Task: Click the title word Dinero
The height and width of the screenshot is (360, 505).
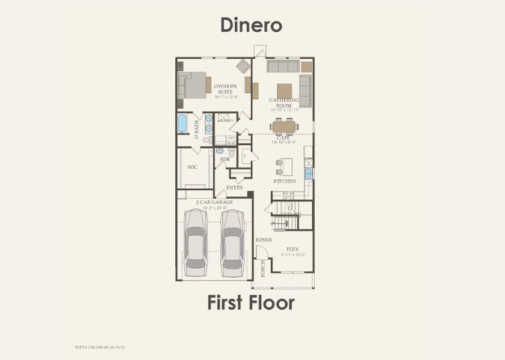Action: tap(251, 25)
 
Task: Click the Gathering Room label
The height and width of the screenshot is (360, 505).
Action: tap(284, 103)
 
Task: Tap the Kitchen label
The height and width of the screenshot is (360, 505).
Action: tap(285, 181)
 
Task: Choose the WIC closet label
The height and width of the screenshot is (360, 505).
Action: tap(193, 167)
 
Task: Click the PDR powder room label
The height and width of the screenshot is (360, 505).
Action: tap(225, 160)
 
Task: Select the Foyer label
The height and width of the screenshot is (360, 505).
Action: tap(264, 240)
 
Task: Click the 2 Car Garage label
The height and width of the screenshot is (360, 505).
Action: tap(214, 202)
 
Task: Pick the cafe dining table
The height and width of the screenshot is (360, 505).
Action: tap(285, 126)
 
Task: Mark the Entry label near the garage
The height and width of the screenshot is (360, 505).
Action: tap(235, 188)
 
